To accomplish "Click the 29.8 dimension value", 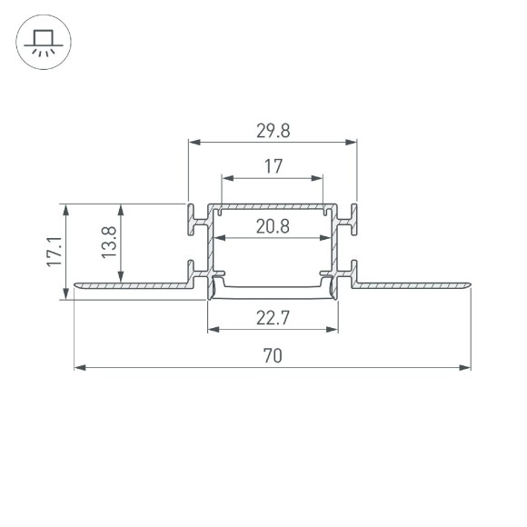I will coord(273,130).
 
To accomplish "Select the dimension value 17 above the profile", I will coord(273,166).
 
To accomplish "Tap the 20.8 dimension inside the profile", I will coord(273,227).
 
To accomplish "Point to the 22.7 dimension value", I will coord(273,318).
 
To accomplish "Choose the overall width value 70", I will coord(273,356).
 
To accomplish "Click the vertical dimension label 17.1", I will coord(53,252).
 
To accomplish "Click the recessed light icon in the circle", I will coord(41,42).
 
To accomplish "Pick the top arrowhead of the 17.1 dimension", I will coord(65,209).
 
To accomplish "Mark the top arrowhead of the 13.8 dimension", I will coord(121,209).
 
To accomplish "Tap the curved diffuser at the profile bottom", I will coord(273,292).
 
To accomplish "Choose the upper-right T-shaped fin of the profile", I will coord(351,219).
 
